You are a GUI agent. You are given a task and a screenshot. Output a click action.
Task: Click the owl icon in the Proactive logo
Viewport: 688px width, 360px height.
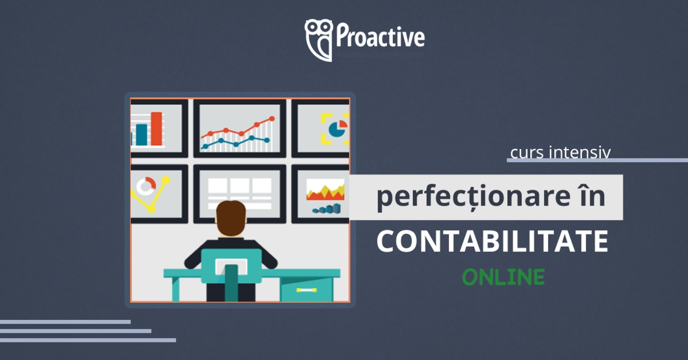click(318, 39)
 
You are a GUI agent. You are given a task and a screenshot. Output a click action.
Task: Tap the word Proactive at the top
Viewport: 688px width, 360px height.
click(380, 36)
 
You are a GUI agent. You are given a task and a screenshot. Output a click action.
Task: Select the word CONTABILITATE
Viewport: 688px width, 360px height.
click(492, 241)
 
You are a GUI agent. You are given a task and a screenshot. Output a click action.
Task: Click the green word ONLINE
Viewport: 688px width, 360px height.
click(503, 277)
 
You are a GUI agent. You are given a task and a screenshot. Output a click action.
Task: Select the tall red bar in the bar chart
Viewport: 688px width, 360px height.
click(156, 129)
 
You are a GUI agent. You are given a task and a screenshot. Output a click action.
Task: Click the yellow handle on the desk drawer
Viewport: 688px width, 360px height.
click(306, 290)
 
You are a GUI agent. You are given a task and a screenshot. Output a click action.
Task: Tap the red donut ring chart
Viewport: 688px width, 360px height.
click(146, 186)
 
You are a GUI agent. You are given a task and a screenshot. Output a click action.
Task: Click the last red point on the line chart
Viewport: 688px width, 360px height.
click(272, 119)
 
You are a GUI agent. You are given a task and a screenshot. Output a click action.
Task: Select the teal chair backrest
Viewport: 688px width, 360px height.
click(231, 265)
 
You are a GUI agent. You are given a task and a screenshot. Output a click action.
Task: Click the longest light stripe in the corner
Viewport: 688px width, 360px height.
click(88, 340)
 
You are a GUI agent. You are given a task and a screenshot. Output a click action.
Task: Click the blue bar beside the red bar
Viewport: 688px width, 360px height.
click(142, 134)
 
